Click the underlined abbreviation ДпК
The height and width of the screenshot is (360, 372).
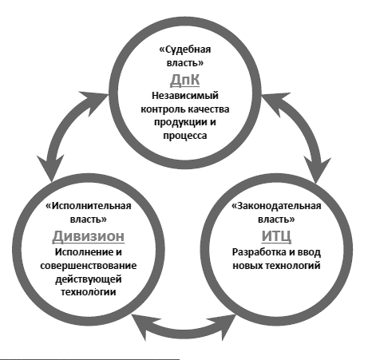click(184, 80)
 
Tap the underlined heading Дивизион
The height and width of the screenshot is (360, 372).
click(89, 236)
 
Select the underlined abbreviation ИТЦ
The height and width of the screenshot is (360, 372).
click(276, 236)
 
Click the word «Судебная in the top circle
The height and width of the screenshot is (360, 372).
click(185, 49)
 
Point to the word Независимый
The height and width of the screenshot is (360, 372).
click(185, 96)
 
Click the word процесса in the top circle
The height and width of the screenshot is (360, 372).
click(185, 136)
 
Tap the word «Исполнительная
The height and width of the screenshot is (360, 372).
click(89, 206)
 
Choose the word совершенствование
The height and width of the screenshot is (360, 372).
click(89, 266)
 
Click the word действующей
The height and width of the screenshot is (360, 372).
click(89, 279)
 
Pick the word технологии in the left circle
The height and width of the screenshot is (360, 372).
click(89, 292)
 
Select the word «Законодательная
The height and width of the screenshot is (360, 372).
click(276, 206)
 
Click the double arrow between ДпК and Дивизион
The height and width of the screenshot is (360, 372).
click(65, 129)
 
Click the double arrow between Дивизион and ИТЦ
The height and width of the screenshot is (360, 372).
click(184, 330)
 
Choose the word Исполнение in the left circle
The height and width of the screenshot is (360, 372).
click(82, 252)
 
